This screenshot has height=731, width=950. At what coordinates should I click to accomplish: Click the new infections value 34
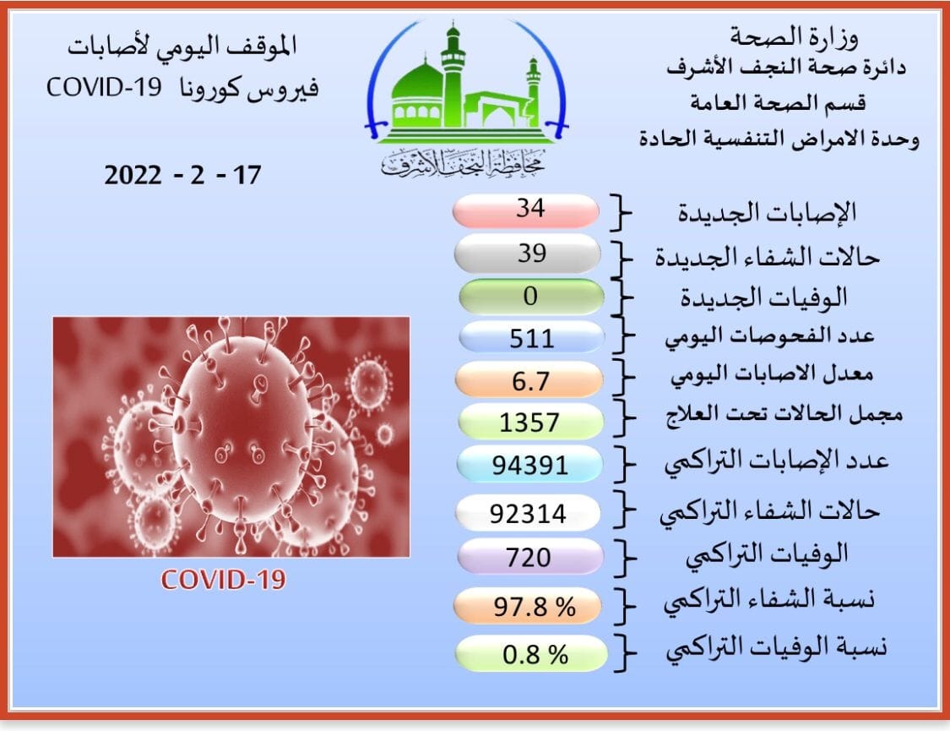click(x=530, y=209)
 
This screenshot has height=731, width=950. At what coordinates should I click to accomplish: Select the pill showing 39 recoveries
click(x=528, y=254)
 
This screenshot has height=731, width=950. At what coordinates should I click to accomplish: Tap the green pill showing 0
click(x=531, y=297)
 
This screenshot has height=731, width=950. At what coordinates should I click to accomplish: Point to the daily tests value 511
click(x=531, y=338)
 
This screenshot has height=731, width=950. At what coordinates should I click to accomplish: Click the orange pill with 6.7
click(x=529, y=380)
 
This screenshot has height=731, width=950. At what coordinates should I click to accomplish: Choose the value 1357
click(x=529, y=423)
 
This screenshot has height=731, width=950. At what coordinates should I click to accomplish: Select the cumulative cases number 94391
click(x=530, y=466)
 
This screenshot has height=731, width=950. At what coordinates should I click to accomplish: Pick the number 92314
click(x=528, y=514)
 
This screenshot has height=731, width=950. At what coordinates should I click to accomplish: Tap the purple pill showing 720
click(x=530, y=556)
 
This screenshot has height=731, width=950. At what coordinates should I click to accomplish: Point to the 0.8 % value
click(x=535, y=655)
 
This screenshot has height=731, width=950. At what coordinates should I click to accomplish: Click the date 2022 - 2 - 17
click(x=182, y=176)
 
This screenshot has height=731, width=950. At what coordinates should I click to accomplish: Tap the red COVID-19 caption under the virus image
click(x=223, y=580)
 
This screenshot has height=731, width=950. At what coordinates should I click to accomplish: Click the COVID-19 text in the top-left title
click(x=104, y=88)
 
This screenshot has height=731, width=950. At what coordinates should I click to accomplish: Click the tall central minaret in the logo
click(x=452, y=76)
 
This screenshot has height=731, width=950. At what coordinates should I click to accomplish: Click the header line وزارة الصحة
click(x=795, y=37)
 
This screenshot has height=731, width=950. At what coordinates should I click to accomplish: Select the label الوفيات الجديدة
click(x=763, y=297)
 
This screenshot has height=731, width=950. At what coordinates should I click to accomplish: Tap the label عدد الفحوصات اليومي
click(x=769, y=336)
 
